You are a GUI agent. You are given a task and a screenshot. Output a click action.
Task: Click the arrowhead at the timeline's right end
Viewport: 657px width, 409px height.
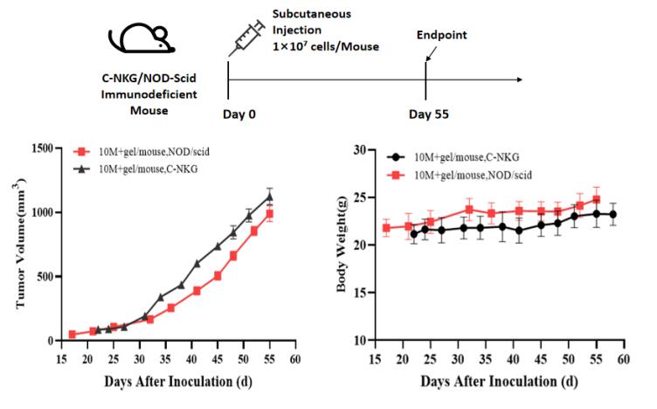[x=520, y=80]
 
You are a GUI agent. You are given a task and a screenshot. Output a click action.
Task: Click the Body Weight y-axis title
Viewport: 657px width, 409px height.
[x=349, y=245]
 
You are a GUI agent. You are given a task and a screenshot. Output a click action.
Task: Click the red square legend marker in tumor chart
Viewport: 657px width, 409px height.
[x=83, y=151]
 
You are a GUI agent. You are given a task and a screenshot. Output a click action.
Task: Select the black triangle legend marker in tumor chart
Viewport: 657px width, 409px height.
[x=83, y=168]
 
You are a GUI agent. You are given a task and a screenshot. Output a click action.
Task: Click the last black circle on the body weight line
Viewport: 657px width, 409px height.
[x=613, y=214]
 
